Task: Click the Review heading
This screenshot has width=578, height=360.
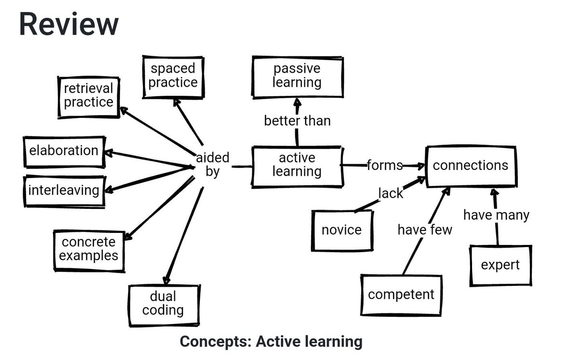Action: (68, 24)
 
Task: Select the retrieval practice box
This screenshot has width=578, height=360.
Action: (89, 96)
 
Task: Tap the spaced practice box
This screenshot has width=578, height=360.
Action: (173, 76)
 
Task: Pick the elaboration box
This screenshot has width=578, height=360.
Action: (64, 151)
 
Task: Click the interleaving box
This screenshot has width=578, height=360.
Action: (64, 191)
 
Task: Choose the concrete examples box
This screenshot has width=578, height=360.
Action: (89, 249)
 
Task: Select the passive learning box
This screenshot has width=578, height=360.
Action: (297, 76)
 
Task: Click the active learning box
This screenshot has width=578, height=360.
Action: (297, 166)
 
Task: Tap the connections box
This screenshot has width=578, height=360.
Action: (470, 166)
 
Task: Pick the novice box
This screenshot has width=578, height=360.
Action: (342, 230)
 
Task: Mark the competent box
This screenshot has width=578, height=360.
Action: (401, 294)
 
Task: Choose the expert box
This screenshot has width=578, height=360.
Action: (500, 265)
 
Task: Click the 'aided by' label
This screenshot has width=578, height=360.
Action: (212, 165)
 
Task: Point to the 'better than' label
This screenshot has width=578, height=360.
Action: (297, 121)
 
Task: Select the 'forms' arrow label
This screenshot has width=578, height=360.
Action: (384, 166)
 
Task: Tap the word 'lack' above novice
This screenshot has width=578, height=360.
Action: (390, 193)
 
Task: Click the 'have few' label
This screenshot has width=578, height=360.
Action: (425, 230)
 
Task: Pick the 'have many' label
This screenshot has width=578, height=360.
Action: (496, 215)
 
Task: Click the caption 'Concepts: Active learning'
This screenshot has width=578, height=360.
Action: (271, 342)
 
